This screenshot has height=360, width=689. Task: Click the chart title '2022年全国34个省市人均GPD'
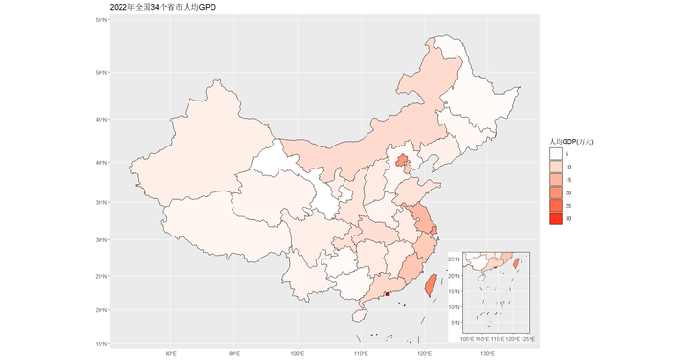click(x=162, y=7)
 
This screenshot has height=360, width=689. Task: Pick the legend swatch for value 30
click(x=557, y=219)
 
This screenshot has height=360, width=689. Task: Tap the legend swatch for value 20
click(x=557, y=192)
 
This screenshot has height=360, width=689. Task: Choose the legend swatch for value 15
click(x=557, y=179)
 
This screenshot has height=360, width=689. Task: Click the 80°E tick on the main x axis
click(x=171, y=354)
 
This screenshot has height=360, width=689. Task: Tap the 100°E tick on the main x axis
click(x=298, y=354)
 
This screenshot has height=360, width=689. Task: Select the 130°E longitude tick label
click(x=486, y=354)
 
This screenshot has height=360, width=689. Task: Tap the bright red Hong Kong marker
click(x=387, y=294)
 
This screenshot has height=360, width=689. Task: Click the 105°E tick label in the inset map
click(x=469, y=338)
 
